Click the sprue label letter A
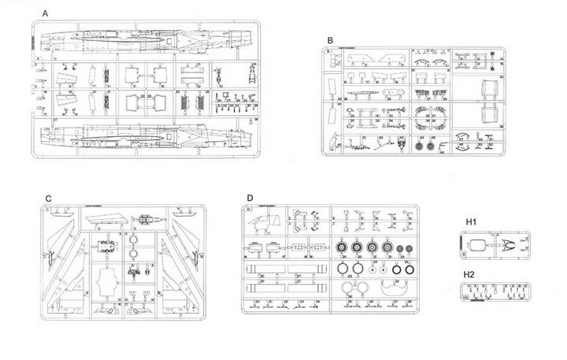(45, 14)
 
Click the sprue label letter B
(331, 39)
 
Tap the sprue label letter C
(49, 198)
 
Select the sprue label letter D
(250, 198)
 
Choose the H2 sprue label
(469, 274)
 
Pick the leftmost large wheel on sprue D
(345, 248)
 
